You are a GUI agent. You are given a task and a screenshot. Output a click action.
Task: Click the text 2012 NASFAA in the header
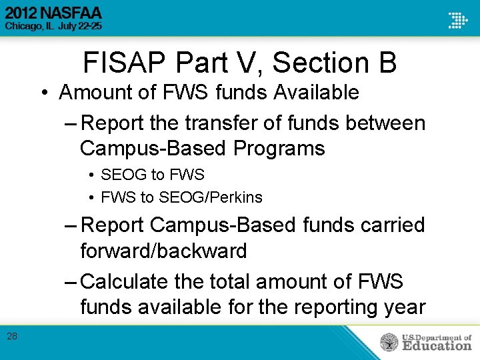click(x=53, y=13)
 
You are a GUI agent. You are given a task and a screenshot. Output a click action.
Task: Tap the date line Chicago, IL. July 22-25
click(x=54, y=26)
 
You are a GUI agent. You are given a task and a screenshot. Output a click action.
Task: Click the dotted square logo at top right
click(x=457, y=20)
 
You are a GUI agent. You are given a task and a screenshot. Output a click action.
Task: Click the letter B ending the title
click(x=386, y=63)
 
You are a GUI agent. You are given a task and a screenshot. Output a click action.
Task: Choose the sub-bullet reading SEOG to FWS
click(x=152, y=175)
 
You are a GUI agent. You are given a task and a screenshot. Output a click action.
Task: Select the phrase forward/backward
click(x=163, y=251)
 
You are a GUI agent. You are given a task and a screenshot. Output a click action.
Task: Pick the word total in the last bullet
click(x=229, y=281)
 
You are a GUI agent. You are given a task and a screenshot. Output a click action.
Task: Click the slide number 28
click(x=12, y=337)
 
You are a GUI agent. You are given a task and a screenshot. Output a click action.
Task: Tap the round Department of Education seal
click(x=389, y=343)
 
